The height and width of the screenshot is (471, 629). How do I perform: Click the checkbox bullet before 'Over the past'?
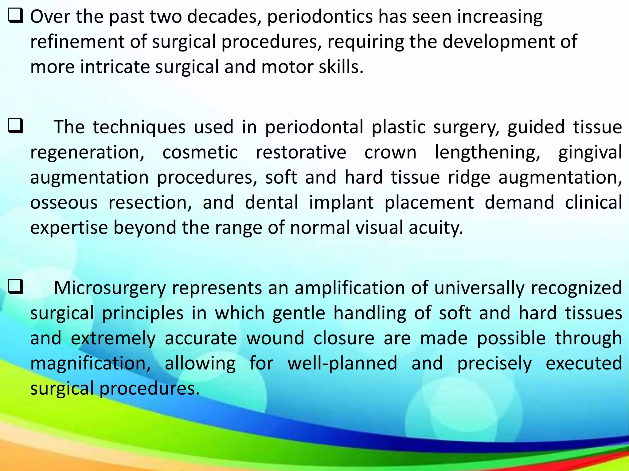(x=15, y=16)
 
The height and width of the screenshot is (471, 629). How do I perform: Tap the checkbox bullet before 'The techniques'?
(x=15, y=126)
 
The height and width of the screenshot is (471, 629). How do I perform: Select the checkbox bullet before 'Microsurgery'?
(x=15, y=287)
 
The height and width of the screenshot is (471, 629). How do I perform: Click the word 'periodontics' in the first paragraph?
(x=320, y=17)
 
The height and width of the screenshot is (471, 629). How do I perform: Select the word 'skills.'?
(x=341, y=67)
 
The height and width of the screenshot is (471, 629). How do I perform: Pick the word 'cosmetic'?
(x=200, y=152)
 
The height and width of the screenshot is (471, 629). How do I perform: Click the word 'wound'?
(x=275, y=338)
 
